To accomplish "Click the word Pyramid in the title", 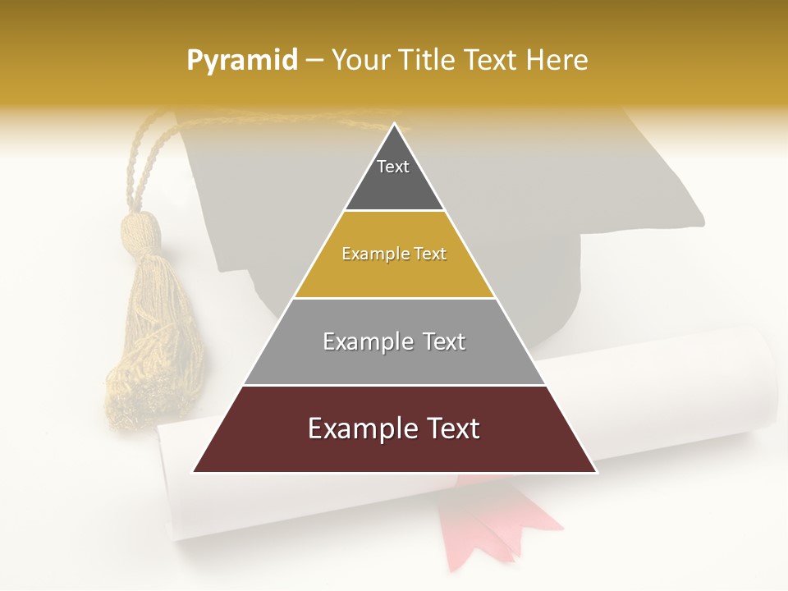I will pos(241,60).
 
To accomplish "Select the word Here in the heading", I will pos(557,60).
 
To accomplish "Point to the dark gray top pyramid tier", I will pos(394,185).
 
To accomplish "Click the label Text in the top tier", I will pos(392,167).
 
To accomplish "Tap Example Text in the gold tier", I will pos(394,254).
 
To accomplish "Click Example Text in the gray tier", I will pos(394,341).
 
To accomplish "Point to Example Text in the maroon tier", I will pos(394,428).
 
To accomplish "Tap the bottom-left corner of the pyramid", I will pos(194,472).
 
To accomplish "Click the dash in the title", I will pos(314,61).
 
